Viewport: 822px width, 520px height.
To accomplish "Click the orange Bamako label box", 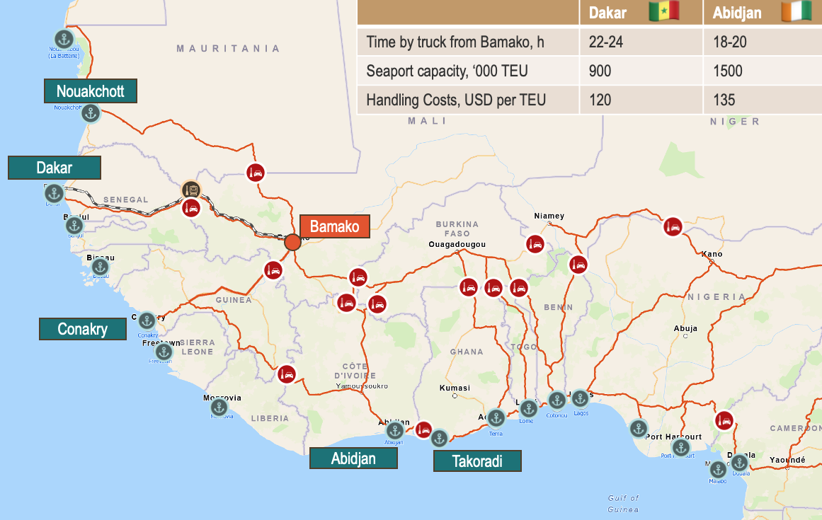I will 335,226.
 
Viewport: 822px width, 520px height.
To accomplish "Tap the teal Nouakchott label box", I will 90,91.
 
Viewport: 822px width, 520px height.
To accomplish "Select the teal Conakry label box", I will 83,329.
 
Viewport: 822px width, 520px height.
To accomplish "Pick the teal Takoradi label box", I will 477,461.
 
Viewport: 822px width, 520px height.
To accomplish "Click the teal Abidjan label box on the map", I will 353,458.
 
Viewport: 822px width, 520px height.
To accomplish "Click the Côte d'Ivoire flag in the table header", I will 796,12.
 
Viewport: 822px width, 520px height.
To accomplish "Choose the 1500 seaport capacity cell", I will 729,71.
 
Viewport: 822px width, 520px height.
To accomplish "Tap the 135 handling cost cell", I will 724,100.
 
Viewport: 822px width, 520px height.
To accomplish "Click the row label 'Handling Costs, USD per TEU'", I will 456,100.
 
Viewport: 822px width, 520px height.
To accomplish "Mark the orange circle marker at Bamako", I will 292,242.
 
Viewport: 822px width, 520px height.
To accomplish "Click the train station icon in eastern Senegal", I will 190,189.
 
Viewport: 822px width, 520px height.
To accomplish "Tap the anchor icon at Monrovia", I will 219,408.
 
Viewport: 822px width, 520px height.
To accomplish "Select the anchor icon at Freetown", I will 164,352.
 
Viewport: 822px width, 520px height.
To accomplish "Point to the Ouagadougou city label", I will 457,244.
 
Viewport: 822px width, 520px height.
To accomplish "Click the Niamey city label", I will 549,216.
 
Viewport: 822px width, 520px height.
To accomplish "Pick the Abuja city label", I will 685,328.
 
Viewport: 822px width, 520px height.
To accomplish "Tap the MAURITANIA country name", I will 228,48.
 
